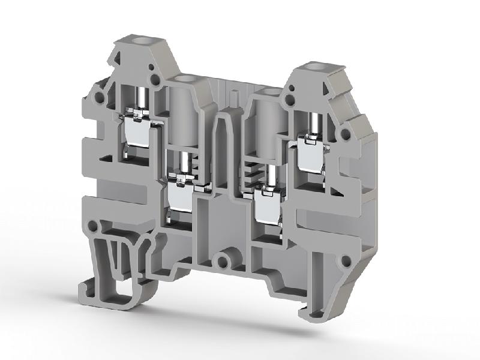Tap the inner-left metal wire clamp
tap(180, 195)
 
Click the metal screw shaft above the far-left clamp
tap(142, 97)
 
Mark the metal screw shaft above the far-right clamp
tap(312, 124)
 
